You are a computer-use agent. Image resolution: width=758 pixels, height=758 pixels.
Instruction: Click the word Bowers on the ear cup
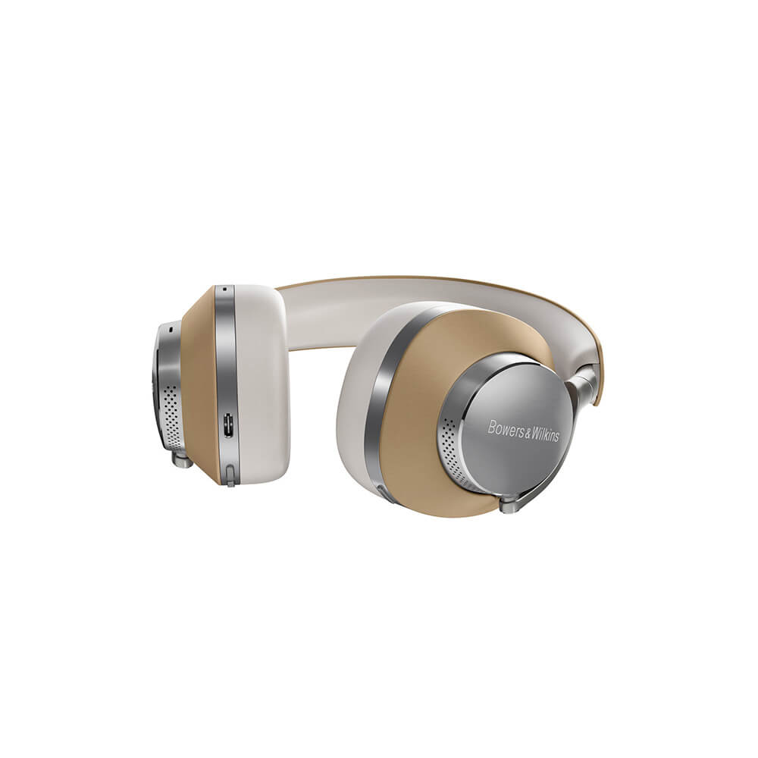(506, 427)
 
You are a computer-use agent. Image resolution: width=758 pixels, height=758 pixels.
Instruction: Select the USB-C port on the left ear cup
(228, 426)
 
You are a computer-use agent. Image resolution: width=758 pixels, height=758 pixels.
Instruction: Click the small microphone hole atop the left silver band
(224, 289)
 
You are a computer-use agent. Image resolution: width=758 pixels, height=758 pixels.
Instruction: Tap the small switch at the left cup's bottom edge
(228, 478)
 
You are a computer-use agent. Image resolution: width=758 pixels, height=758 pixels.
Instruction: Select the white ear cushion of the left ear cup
(262, 379)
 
